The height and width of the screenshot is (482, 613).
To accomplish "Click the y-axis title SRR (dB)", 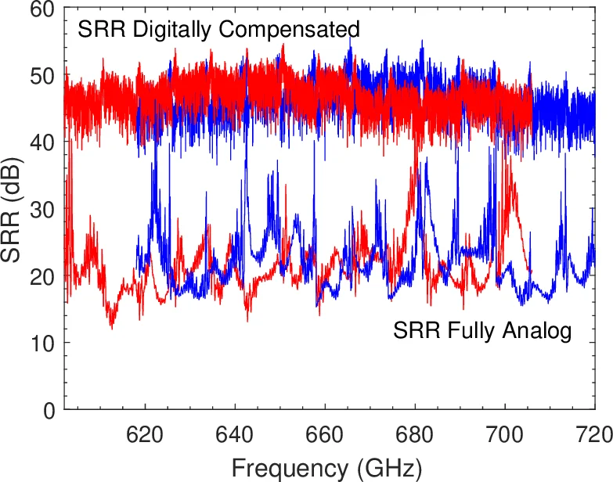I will click(x=14, y=210).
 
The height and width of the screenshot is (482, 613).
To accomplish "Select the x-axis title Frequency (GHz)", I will click(x=326, y=467).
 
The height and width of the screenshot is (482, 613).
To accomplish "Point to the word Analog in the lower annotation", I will click(x=539, y=331).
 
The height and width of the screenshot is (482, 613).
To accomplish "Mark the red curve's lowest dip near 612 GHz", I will click(x=111, y=326).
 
